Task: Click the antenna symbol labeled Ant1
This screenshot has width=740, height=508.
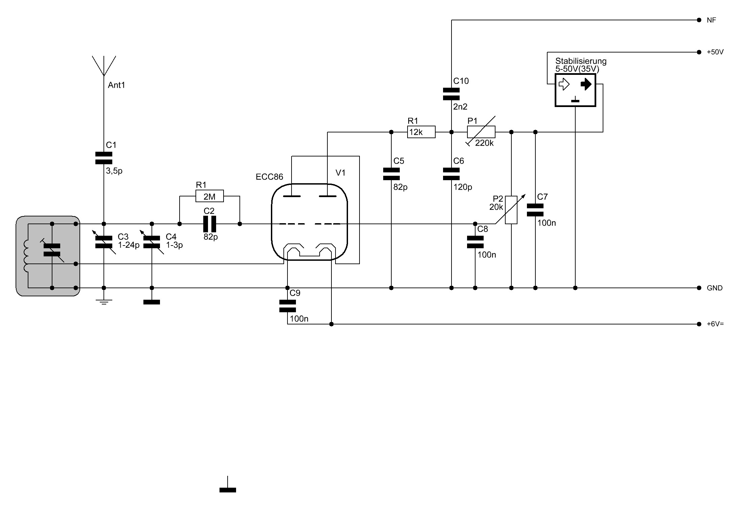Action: [x=104, y=66]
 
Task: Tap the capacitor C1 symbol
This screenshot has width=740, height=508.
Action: [x=104, y=158]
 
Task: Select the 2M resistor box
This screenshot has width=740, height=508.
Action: [x=210, y=196]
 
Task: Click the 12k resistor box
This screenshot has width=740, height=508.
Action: [x=421, y=132]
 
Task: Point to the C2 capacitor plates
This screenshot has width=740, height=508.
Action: [x=210, y=224]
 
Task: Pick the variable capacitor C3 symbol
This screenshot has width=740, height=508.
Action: [x=104, y=242]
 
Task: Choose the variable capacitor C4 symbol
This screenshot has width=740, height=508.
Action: [x=152, y=242]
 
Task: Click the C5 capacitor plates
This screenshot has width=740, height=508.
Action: [x=391, y=174]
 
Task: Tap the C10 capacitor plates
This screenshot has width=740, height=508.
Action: [x=451, y=94]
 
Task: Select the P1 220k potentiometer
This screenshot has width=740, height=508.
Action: [x=481, y=132]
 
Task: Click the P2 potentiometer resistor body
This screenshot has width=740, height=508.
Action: [x=511, y=210]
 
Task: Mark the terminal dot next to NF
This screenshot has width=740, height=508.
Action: [x=699, y=20]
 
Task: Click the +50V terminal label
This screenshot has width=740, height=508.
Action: [x=715, y=52]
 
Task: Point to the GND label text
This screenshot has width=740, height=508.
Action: [x=715, y=288]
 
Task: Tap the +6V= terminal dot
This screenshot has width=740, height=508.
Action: [x=699, y=324]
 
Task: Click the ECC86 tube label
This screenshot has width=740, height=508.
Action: [x=269, y=177]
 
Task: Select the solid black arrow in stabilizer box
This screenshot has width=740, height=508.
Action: [x=586, y=84]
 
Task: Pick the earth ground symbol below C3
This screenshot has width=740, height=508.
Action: [x=104, y=301]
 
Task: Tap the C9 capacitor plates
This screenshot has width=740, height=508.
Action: [x=287, y=306]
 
